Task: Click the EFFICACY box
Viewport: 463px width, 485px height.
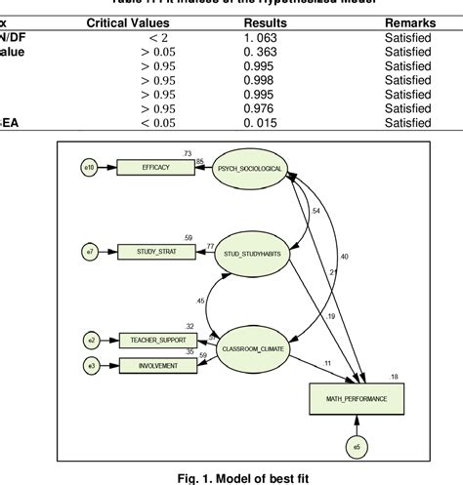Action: tap(154, 168)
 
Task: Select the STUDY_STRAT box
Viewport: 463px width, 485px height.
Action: tap(156, 252)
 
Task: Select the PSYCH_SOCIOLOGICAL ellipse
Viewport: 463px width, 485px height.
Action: tap(250, 168)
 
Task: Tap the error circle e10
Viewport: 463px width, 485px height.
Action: tap(89, 168)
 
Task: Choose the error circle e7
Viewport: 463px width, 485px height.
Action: tap(89, 252)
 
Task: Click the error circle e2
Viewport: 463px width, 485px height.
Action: tap(90, 341)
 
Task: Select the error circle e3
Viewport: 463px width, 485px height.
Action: tap(90, 366)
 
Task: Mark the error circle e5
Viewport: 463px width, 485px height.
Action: tap(357, 448)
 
